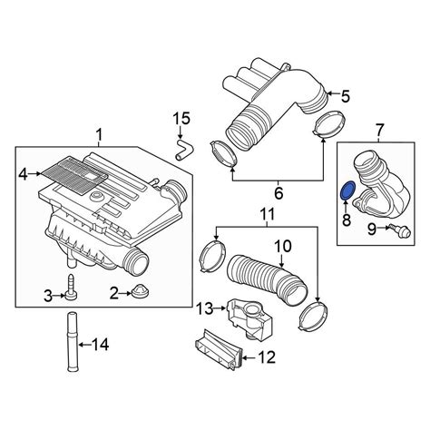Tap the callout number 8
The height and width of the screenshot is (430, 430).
pyautogui.click(x=347, y=220)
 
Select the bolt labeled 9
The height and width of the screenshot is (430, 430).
pyautogui.click(x=400, y=230)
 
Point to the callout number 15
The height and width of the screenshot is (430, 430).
pyautogui.click(x=181, y=118)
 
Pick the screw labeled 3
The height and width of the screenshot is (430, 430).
pyautogui.click(x=71, y=287)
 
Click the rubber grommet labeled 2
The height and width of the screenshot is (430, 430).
pyautogui.click(x=141, y=291)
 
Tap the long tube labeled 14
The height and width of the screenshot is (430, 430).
pyautogui.click(x=72, y=341)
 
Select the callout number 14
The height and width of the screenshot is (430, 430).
pyautogui.click(x=100, y=344)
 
